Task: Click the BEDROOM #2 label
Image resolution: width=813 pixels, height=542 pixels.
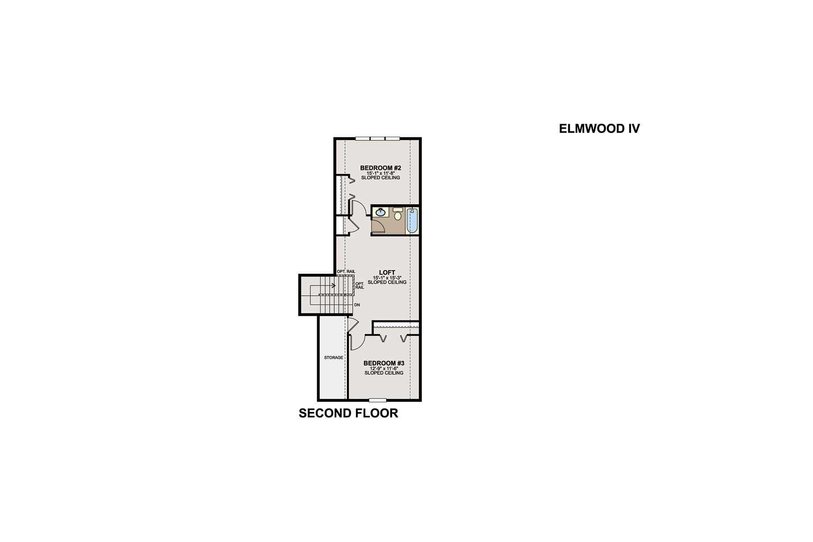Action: click(x=380, y=168)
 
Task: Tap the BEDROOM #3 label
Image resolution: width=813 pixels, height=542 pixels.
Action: click(x=383, y=363)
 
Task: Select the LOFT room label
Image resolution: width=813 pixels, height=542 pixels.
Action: click(x=387, y=272)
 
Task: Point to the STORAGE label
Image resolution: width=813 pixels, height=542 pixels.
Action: click(x=333, y=358)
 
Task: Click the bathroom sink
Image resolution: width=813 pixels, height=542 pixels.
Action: click(x=380, y=212)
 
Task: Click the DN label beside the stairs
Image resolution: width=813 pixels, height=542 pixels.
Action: click(x=357, y=305)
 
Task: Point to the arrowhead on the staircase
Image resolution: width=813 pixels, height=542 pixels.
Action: click(x=334, y=285)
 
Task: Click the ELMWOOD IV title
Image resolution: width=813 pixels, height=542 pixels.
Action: click(x=599, y=129)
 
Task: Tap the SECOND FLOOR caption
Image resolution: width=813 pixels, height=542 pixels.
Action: click(x=348, y=413)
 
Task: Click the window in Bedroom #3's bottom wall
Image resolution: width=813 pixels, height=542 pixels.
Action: click(x=378, y=400)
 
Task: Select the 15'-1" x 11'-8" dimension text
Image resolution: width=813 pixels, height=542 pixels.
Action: click(x=380, y=173)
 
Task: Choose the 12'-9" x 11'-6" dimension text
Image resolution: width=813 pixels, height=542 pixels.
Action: click(x=383, y=368)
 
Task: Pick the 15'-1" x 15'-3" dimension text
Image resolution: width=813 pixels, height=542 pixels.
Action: click(x=387, y=277)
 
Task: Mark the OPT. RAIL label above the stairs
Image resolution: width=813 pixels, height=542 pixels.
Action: click(x=346, y=271)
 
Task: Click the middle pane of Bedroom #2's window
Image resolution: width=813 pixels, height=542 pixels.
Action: click(x=378, y=138)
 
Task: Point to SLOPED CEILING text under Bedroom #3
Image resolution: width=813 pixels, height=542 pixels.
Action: click(x=383, y=373)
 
